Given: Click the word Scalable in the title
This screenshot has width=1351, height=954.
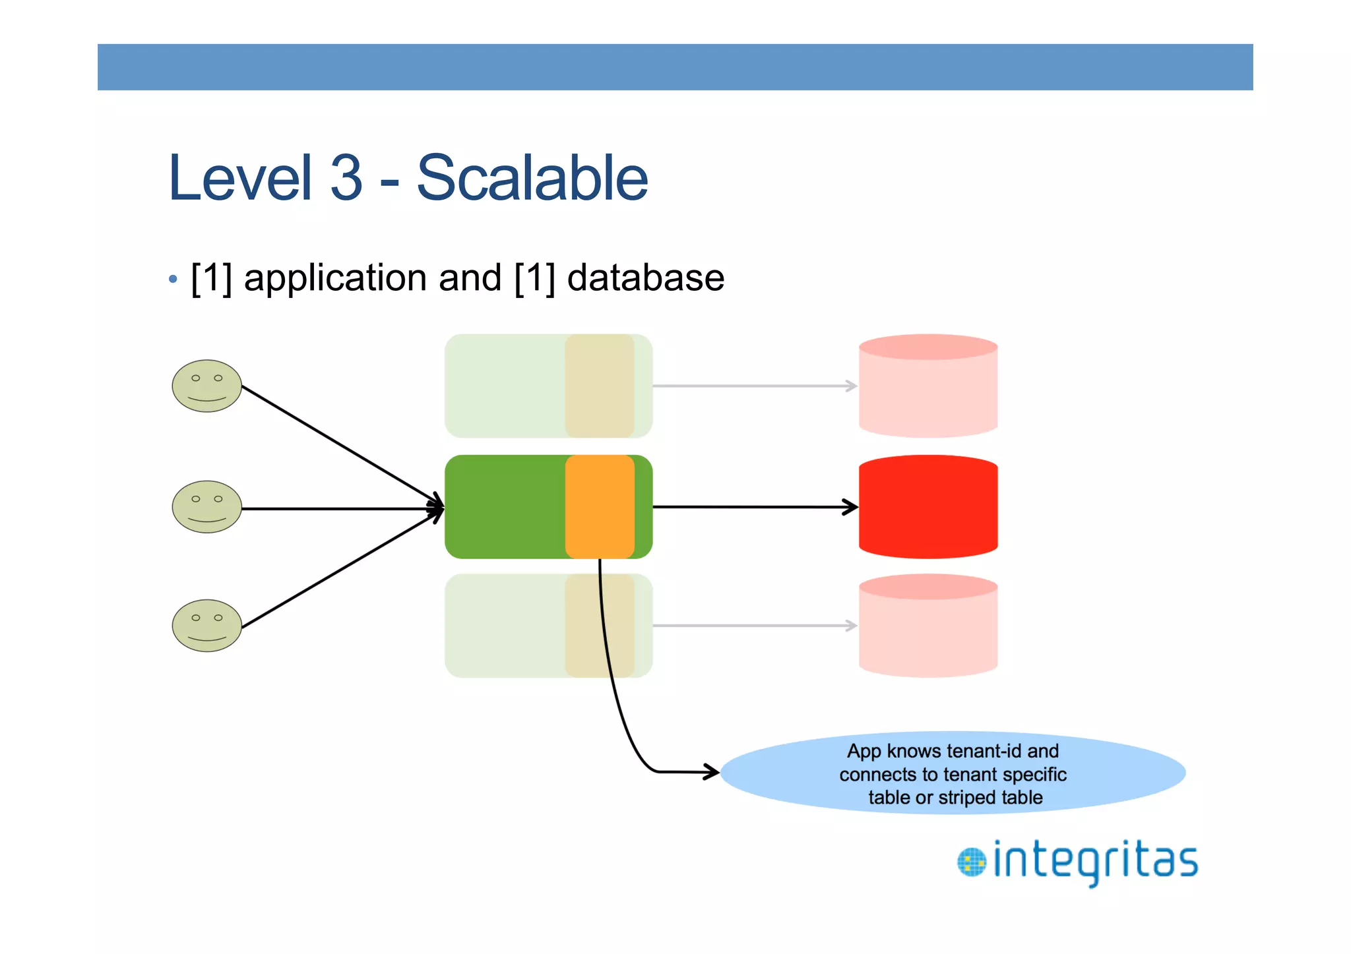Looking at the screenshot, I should [x=532, y=178].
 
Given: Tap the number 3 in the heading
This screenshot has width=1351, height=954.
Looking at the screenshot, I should [x=346, y=178].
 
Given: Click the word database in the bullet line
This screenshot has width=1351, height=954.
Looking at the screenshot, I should [x=645, y=278].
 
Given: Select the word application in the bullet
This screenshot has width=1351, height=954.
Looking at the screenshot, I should [x=335, y=279].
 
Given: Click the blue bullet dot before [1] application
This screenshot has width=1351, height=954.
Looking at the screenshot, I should [x=173, y=280].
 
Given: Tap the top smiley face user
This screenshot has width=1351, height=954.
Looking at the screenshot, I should [x=206, y=386].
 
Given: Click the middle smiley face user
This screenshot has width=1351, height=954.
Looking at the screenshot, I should [x=206, y=507].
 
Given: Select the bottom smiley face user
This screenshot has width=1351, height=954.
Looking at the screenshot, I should [x=206, y=626].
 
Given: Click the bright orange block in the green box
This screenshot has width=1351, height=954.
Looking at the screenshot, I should [x=599, y=506].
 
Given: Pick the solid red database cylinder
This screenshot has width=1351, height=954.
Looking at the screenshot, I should [x=927, y=508].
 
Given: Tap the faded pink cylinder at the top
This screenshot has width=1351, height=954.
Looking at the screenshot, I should [x=927, y=387].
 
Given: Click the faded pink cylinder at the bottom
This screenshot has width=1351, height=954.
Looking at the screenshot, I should [x=927, y=626].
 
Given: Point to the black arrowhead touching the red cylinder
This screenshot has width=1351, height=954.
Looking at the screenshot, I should [x=852, y=507].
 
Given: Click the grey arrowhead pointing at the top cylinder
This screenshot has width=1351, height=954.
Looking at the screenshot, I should [x=852, y=386].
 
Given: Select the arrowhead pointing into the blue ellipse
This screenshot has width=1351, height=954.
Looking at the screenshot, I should [x=713, y=771].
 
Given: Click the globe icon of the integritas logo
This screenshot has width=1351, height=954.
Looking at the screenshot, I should [x=971, y=862].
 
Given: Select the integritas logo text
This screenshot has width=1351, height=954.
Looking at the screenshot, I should [x=1095, y=861].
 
